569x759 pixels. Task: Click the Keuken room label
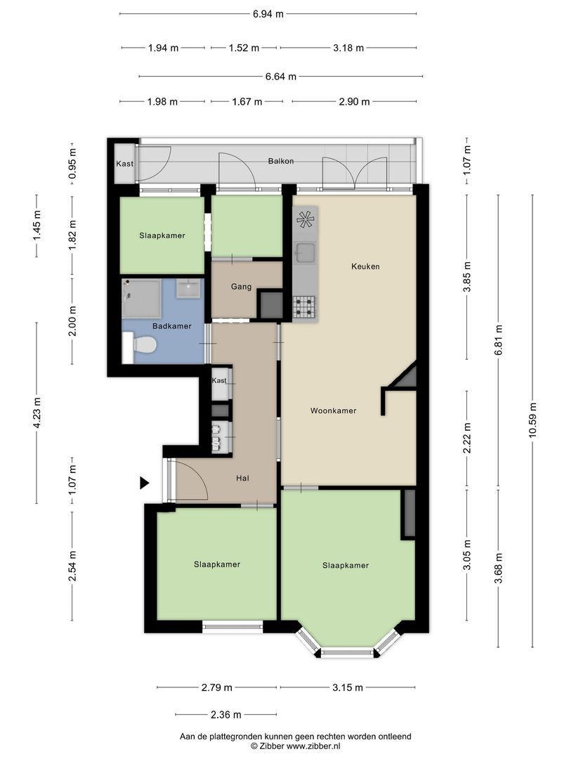pos(365,266)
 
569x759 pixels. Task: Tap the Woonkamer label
pos(333,410)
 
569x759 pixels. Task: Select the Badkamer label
pos(172,326)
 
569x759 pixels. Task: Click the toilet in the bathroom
pos(139,346)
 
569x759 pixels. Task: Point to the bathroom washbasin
pos(188,289)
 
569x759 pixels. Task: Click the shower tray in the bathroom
pos(141,298)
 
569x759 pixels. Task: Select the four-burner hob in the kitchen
pos(305,307)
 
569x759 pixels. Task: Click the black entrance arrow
pos(144,483)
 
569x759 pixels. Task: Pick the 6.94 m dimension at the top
pos(268,13)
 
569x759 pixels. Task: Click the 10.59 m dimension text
pos(532,420)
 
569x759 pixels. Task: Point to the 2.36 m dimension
pos(226,715)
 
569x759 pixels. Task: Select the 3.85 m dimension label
pos(467,277)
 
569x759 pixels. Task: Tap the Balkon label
pos(280,161)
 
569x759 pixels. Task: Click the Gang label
pos(241,287)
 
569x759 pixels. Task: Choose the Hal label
pos(242,479)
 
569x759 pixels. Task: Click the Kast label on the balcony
pos(124,164)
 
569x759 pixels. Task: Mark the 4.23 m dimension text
pos(37,413)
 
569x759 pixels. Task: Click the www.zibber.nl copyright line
pos(295,746)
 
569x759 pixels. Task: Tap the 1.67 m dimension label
pos(247,102)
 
